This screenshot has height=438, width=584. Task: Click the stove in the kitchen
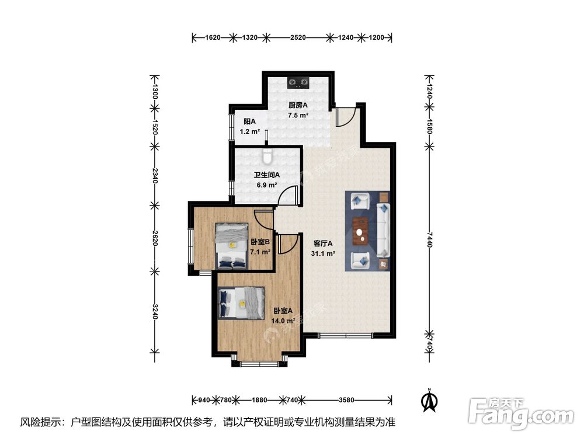(298, 82)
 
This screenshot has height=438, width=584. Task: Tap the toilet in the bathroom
(268, 157)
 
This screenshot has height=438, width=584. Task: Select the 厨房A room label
(298, 106)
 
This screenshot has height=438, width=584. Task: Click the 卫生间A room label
(266, 174)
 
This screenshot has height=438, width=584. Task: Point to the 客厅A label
(322, 244)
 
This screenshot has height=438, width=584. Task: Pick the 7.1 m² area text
(260, 252)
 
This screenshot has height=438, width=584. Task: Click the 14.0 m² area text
(283, 321)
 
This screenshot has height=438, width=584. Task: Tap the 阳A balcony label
(250, 121)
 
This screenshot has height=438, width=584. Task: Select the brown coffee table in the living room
(361, 229)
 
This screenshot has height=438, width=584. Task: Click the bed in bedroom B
(231, 245)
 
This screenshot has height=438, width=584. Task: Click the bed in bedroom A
(241, 304)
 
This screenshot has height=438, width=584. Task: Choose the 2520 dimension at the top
(298, 38)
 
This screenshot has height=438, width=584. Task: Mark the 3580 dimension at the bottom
(347, 400)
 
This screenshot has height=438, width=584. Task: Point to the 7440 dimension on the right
(430, 239)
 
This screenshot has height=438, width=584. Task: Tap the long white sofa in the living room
(384, 230)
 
